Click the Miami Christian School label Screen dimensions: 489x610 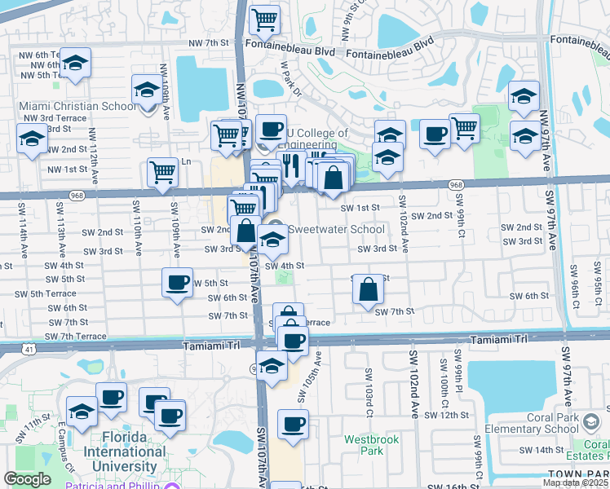coord(78,106)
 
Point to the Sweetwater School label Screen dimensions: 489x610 coord(334,229)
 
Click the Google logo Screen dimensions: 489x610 coord(27,479)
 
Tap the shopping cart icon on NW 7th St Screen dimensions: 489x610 coord(263,20)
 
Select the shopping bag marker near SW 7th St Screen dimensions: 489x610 coord(369,290)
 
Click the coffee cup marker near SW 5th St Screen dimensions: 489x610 coord(178,284)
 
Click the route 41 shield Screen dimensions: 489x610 coord(30,349)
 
